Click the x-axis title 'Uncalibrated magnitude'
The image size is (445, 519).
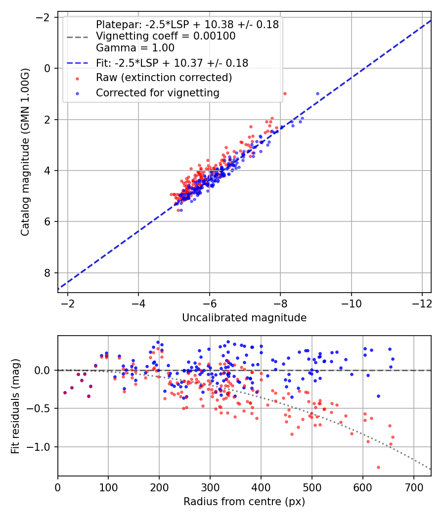(244, 318)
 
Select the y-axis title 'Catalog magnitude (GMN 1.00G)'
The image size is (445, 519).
(25, 152)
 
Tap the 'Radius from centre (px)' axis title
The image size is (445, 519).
(244, 502)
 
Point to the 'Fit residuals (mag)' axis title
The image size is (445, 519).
(15, 405)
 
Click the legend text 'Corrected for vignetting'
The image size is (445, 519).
(158, 92)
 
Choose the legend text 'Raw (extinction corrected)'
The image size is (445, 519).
(164, 78)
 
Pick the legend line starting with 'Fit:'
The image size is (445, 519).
(172, 63)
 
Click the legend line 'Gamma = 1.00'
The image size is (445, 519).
(135, 48)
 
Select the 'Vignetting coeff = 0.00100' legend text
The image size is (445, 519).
(166, 36)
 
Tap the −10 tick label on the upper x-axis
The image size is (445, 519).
(351, 303)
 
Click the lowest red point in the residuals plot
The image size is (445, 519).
(378, 467)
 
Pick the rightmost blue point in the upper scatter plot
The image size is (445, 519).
(317, 93)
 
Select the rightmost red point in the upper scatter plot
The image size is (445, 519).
(284, 93)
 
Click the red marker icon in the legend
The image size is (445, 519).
(77, 78)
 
